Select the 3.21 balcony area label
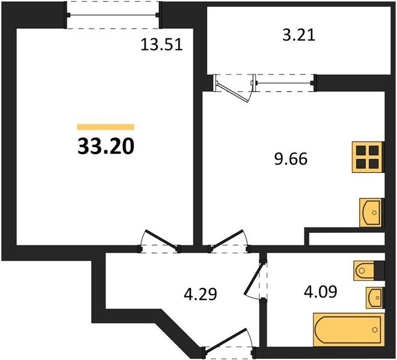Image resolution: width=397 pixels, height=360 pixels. click(299, 35)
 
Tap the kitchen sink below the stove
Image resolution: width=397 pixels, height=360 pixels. click(371, 211)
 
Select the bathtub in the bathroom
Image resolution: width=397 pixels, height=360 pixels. click(348, 329)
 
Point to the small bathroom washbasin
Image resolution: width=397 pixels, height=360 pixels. click(374, 296)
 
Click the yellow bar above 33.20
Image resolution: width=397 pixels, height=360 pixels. click(106, 127)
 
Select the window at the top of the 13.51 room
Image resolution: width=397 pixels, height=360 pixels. click(114, 14)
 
